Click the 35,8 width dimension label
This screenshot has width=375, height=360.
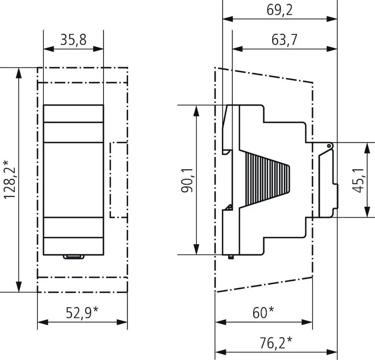(x=73, y=40)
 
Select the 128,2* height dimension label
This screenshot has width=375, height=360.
(x=10, y=180)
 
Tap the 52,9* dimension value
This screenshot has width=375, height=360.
(x=82, y=312)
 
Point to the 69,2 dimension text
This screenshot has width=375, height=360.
(x=279, y=10)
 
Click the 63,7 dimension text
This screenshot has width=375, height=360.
(x=284, y=40)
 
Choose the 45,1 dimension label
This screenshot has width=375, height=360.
(x=358, y=180)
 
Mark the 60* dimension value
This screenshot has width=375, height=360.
(x=263, y=312)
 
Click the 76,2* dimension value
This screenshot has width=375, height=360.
(x=276, y=343)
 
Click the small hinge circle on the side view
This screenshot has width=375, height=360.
(x=329, y=145)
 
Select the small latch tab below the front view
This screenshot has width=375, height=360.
(x=74, y=257)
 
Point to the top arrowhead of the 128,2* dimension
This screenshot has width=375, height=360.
(x=18, y=73)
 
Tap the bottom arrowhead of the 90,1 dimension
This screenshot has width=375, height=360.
(x=196, y=249)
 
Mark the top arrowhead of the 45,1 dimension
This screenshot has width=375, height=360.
(x=367, y=148)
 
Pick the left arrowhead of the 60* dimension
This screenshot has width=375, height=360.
(x=220, y=322)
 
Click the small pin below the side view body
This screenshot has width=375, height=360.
(x=231, y=257)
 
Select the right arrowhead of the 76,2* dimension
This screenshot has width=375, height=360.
(x=332, y=352)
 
